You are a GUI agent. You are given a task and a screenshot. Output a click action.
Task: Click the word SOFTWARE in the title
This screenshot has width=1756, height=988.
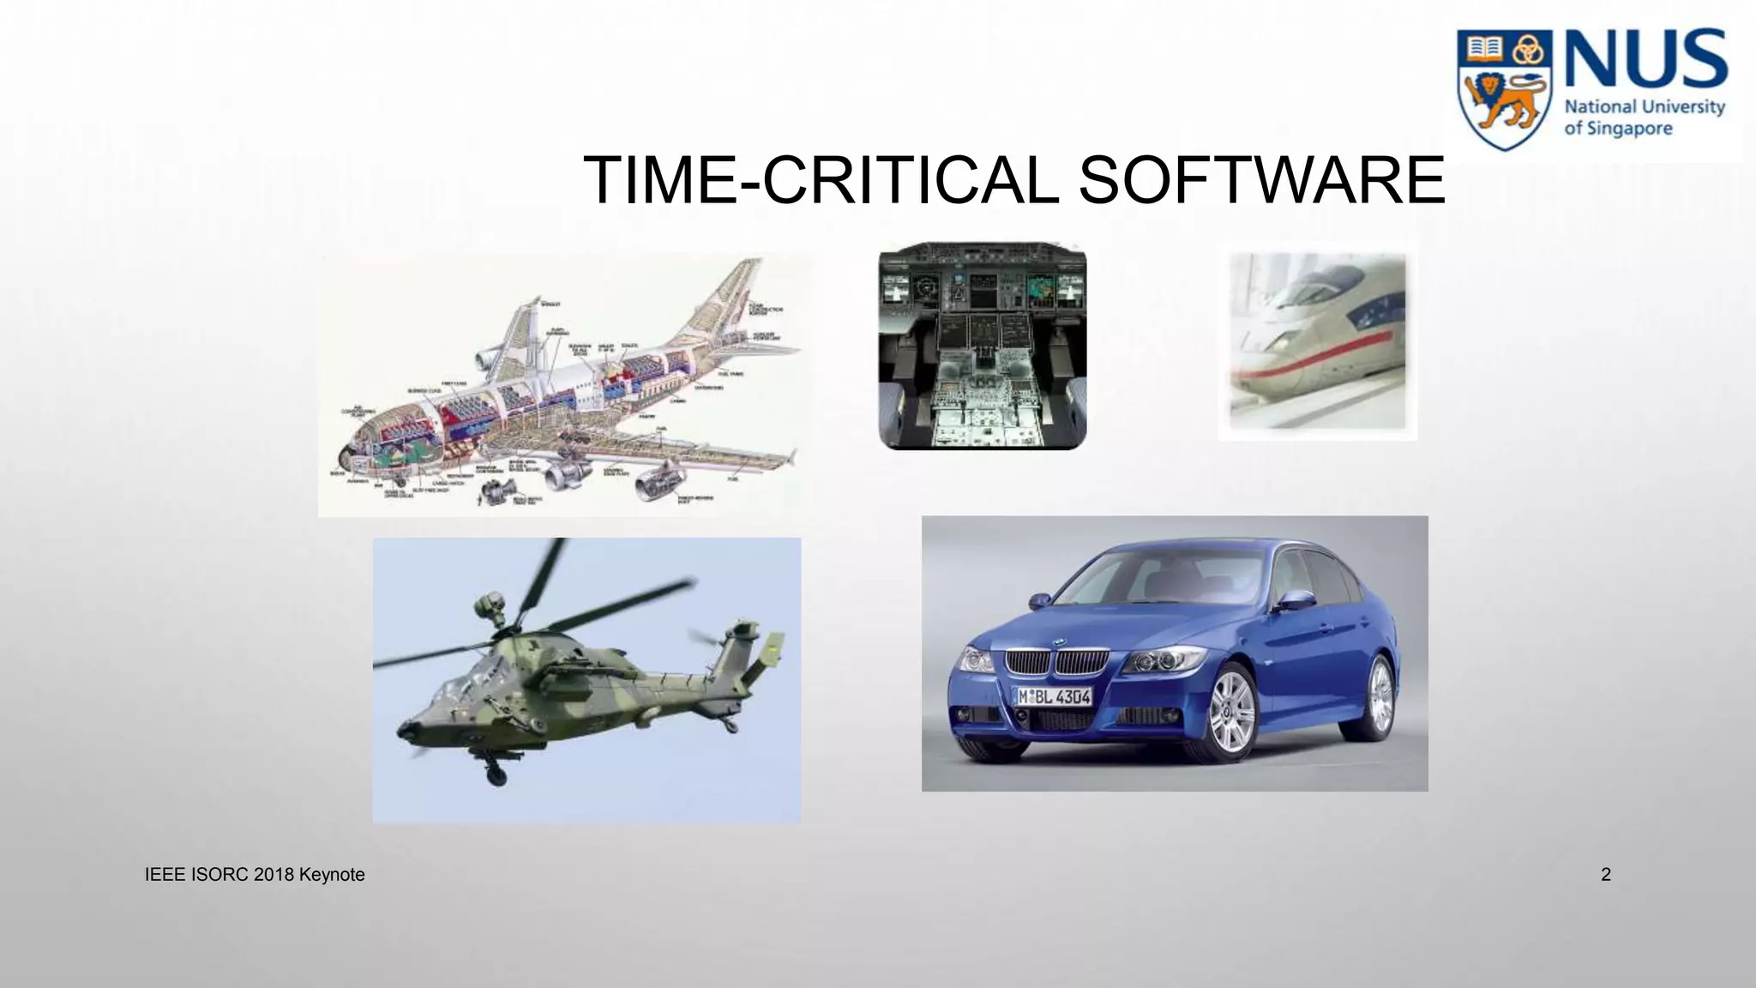tap(1260, 180)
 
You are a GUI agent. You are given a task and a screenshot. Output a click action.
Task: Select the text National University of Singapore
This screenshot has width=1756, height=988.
tap(1644, 117)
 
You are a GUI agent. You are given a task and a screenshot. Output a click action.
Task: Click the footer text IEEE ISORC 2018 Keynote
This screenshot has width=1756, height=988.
tap(255, 875)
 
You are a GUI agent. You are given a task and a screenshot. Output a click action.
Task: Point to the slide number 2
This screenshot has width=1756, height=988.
tap(1606, 875)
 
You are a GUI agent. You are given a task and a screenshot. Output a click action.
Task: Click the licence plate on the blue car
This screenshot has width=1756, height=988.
tap(1054, 696)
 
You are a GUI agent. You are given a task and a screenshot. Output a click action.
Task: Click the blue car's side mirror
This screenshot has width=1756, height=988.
tap(1296, 599)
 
